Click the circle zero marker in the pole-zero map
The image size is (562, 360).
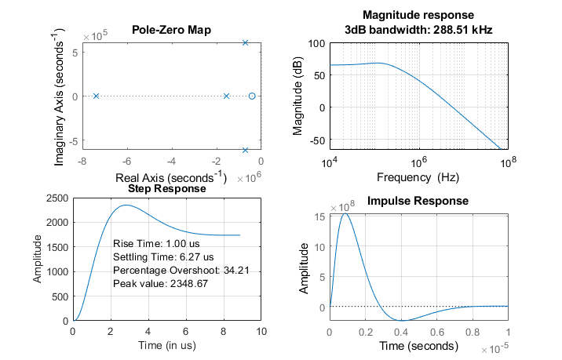(x=252, y=96)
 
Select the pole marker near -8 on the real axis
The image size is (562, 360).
(x=96, y=96)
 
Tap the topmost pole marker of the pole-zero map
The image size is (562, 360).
(x=245, y=42)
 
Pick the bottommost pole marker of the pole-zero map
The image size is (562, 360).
(x=245, y=150)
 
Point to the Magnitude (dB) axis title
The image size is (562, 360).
(x=298, y=96)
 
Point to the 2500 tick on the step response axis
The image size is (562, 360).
(x=57, y=198)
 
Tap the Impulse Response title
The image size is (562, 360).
(x=418, y=202)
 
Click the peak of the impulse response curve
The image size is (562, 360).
(x=345, y=213)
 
